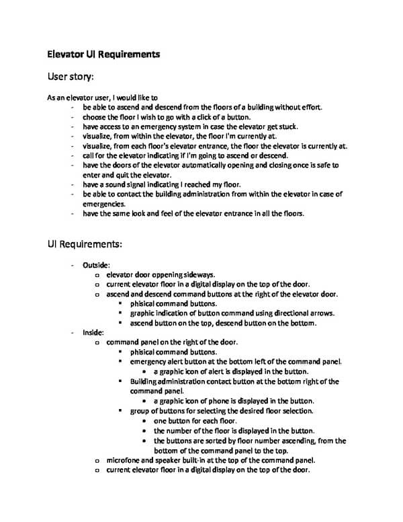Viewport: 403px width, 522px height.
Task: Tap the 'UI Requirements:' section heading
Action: (x=84, y=243)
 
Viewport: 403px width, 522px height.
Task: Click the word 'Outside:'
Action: (x=97, y=265)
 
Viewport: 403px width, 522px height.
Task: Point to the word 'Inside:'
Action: (x=93, y=332)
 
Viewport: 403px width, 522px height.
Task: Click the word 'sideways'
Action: (x=197, y=274)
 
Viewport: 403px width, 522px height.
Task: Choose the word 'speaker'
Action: (x=173, y=461)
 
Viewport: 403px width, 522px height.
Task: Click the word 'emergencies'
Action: (x=103, y=204)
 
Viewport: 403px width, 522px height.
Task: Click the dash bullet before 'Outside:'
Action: (x=73, y=265)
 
